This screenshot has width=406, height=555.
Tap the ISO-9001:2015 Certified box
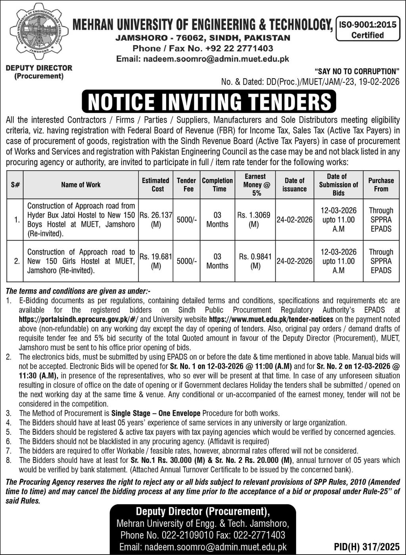pos(367,29)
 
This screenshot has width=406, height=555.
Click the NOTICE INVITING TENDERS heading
pos(209,102)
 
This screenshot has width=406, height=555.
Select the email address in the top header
pos(203,59)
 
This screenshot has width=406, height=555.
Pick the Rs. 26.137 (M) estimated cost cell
pos(156,219)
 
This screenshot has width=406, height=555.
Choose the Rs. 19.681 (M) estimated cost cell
pos(156,261)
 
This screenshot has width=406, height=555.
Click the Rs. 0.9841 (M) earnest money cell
pos(255,261)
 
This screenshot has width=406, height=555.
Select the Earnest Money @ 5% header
pos(256,185)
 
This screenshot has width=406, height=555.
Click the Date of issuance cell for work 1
pos(295,220)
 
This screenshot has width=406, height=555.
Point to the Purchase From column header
pos(381,185)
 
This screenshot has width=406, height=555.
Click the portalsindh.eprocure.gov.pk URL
pos(79,319)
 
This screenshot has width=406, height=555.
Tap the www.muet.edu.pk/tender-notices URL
pos(265,319)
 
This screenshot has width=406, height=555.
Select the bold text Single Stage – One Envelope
pos(156,413)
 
